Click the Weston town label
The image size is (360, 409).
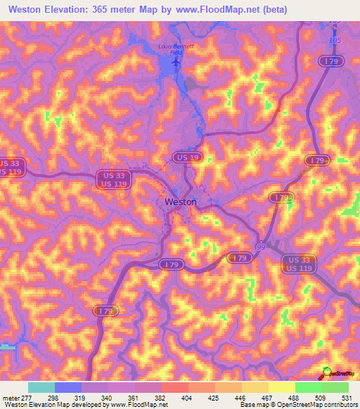(180, 202)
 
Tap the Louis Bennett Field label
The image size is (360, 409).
(174, 49)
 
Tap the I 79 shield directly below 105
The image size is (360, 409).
(330, 63)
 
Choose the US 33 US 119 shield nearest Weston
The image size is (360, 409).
(115, 180)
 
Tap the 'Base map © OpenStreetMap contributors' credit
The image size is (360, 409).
(298, 405)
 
